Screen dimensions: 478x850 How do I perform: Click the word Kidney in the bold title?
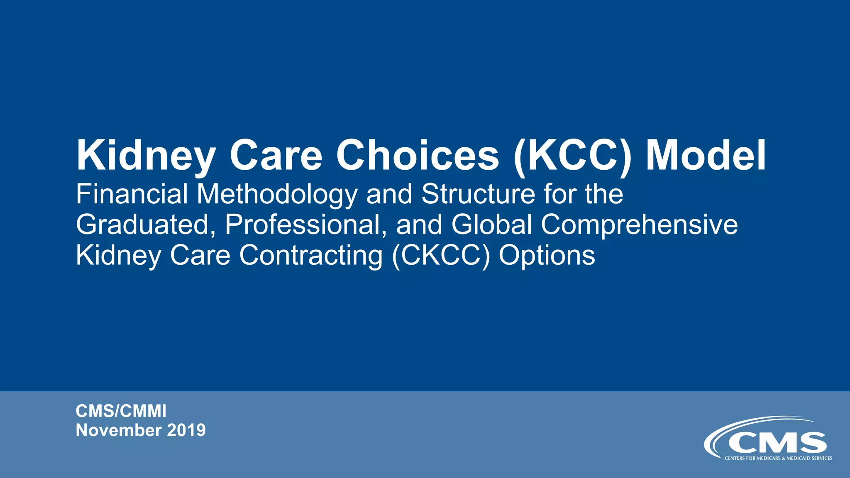(x=146, y=156)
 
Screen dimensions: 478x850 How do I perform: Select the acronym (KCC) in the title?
(x=573, y=156)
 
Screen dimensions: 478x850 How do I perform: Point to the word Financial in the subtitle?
(x=132, y=194)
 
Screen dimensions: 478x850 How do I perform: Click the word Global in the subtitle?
(x=491, y=224)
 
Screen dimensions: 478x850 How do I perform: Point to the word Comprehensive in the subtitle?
(x=639, y=225)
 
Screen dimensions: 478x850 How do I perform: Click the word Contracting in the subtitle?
(x=311, y=255)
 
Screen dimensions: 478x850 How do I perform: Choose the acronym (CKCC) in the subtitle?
(x=441, y=256)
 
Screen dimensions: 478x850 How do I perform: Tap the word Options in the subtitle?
(x=547, y=256)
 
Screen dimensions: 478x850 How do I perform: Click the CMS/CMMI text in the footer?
(x=121, y=411)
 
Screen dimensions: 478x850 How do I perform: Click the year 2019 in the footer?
(x=186, y=430)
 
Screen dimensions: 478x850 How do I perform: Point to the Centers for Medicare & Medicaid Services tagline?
(x=778, y=458)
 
